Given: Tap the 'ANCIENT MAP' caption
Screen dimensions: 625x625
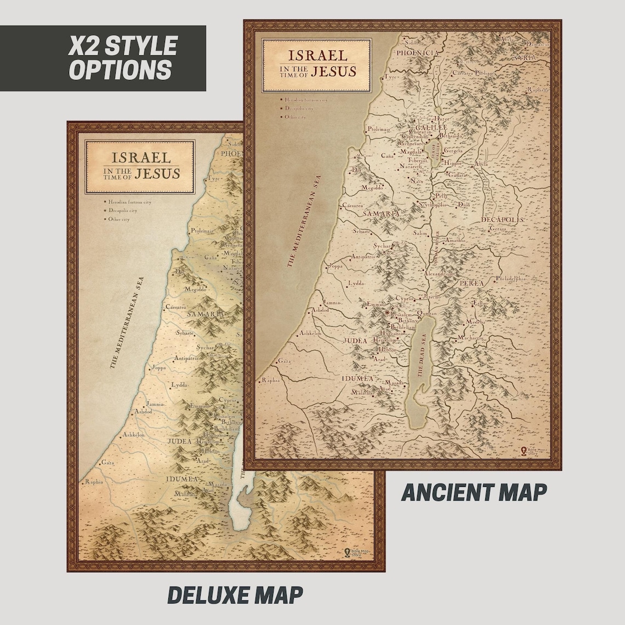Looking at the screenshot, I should click(474, 492).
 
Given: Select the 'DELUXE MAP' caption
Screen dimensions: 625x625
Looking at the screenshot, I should click(235, 595).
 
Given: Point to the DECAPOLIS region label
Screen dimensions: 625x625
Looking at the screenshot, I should click(502, 220).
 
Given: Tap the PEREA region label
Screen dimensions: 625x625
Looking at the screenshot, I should click(471, 283).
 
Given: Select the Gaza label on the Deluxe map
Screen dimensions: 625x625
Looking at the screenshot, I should click(107, 463).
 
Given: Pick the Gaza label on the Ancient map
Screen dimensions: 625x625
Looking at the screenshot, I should click(284, 361).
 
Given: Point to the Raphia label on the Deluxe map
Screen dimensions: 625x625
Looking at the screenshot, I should click(94, 482).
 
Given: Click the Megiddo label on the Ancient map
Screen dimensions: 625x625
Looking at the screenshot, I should click(372, 187).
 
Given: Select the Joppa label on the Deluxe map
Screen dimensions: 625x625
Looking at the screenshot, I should click(158, 367).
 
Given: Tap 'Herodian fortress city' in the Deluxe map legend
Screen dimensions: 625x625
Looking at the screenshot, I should click(129, 202).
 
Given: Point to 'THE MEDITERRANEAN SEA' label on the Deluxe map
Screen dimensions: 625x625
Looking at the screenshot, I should click(126, 329).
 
